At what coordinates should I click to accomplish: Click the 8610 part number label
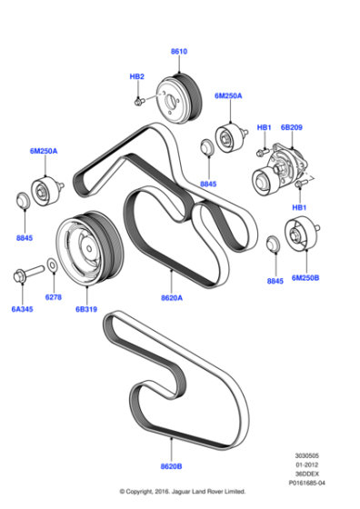pyautogui.click(x=179, y=52)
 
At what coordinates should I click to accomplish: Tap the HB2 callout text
pyautogui.click(x=137, y=76)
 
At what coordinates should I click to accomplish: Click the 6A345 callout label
pyautogui.click(x=21, y=309)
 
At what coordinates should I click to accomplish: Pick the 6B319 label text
pyautogui.click(x=85, y=309)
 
